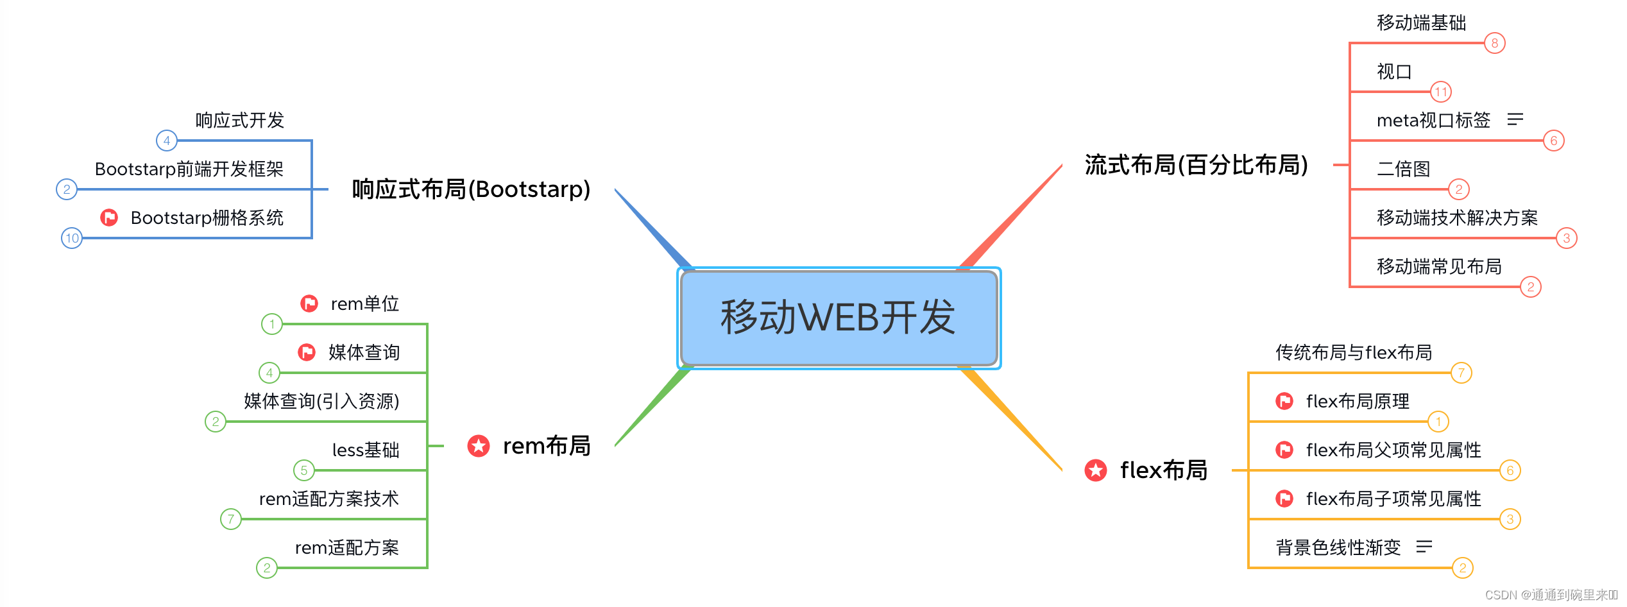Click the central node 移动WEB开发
[839, 318]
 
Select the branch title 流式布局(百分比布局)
[1196, 165]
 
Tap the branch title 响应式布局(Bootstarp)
[471, 189]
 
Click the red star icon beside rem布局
[479, 446]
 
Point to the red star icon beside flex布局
[1096, 470]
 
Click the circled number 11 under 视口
[1441, 92]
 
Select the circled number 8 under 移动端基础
[1495, 43]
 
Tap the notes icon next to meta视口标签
[1515, 119]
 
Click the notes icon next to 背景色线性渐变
[1424, 547]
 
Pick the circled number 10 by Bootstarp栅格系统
[72, 238]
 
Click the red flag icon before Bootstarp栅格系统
[109, 218]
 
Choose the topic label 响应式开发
[239, 120]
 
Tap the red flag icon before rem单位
[309, 303]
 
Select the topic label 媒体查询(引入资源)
[321, 401]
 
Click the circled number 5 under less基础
[304, 470]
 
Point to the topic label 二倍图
[1404, 169]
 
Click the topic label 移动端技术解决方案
[1457, 218]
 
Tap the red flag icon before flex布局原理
[1284, 401]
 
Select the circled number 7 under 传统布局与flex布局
[1461, 373]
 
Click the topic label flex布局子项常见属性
[1393, 499]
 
